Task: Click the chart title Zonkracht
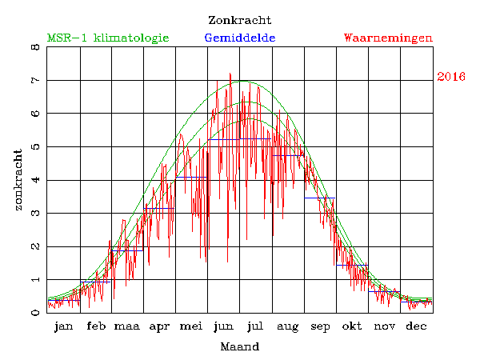pos(239,20)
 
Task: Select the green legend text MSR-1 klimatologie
pos(108,38)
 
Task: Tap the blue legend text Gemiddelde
pos(240,38)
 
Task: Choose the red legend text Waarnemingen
pos(388,38)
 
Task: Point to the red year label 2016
pos(451,77)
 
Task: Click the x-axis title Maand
pos(239,346)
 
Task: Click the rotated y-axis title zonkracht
pos(18,180)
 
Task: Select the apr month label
pos(159,326)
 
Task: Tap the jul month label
pos(255,326)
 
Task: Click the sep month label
pos(320,326)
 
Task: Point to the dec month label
pos(415,326)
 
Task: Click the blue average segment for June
pos(223,139)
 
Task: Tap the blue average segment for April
pos(159,208)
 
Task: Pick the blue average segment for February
pos(95,282)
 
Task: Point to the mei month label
pos(191,326)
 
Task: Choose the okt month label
pos(351,326)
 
